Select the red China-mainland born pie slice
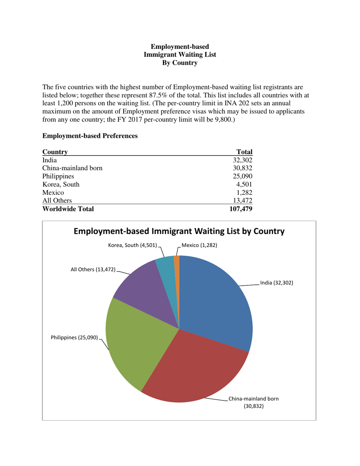197,367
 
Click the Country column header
55,152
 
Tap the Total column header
244,152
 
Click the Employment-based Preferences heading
90,135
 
